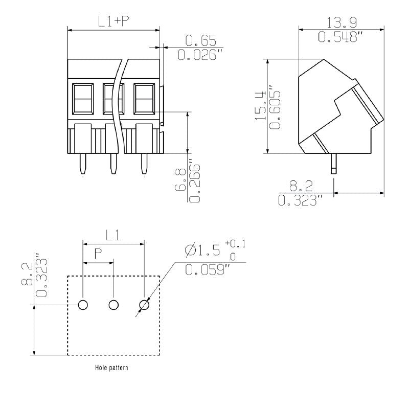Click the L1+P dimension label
tap(113, 21)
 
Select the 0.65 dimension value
tap(200, 40)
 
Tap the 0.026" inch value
tap(201, 54)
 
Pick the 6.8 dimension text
tap(180, 180)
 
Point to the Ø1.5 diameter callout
tap(202, 251)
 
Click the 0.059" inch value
tap(204, 270)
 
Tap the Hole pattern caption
tap(111, 368)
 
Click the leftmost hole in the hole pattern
tap(83, 305)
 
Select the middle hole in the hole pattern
tap(113, 305)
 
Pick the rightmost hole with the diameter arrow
tap(144, 305)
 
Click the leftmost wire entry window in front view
tap(83, 98)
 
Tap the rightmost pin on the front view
tap(144, 164)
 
